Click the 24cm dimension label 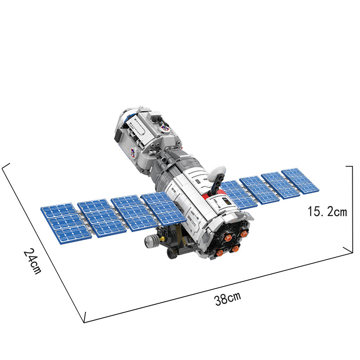pyautogui.click(x=32, y=261)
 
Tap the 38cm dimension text pyautogui.click(x=228, y=298)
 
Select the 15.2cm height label pyautogui.click(x=327, y=211)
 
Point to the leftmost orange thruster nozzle pyautogui.click(x=220, y=252)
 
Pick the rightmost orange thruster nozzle pyautogui.click(x=244, y=234)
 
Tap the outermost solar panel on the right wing pyautogui.click(x=300, y=181)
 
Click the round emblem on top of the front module pyautogui.click(x=165, y=129)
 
